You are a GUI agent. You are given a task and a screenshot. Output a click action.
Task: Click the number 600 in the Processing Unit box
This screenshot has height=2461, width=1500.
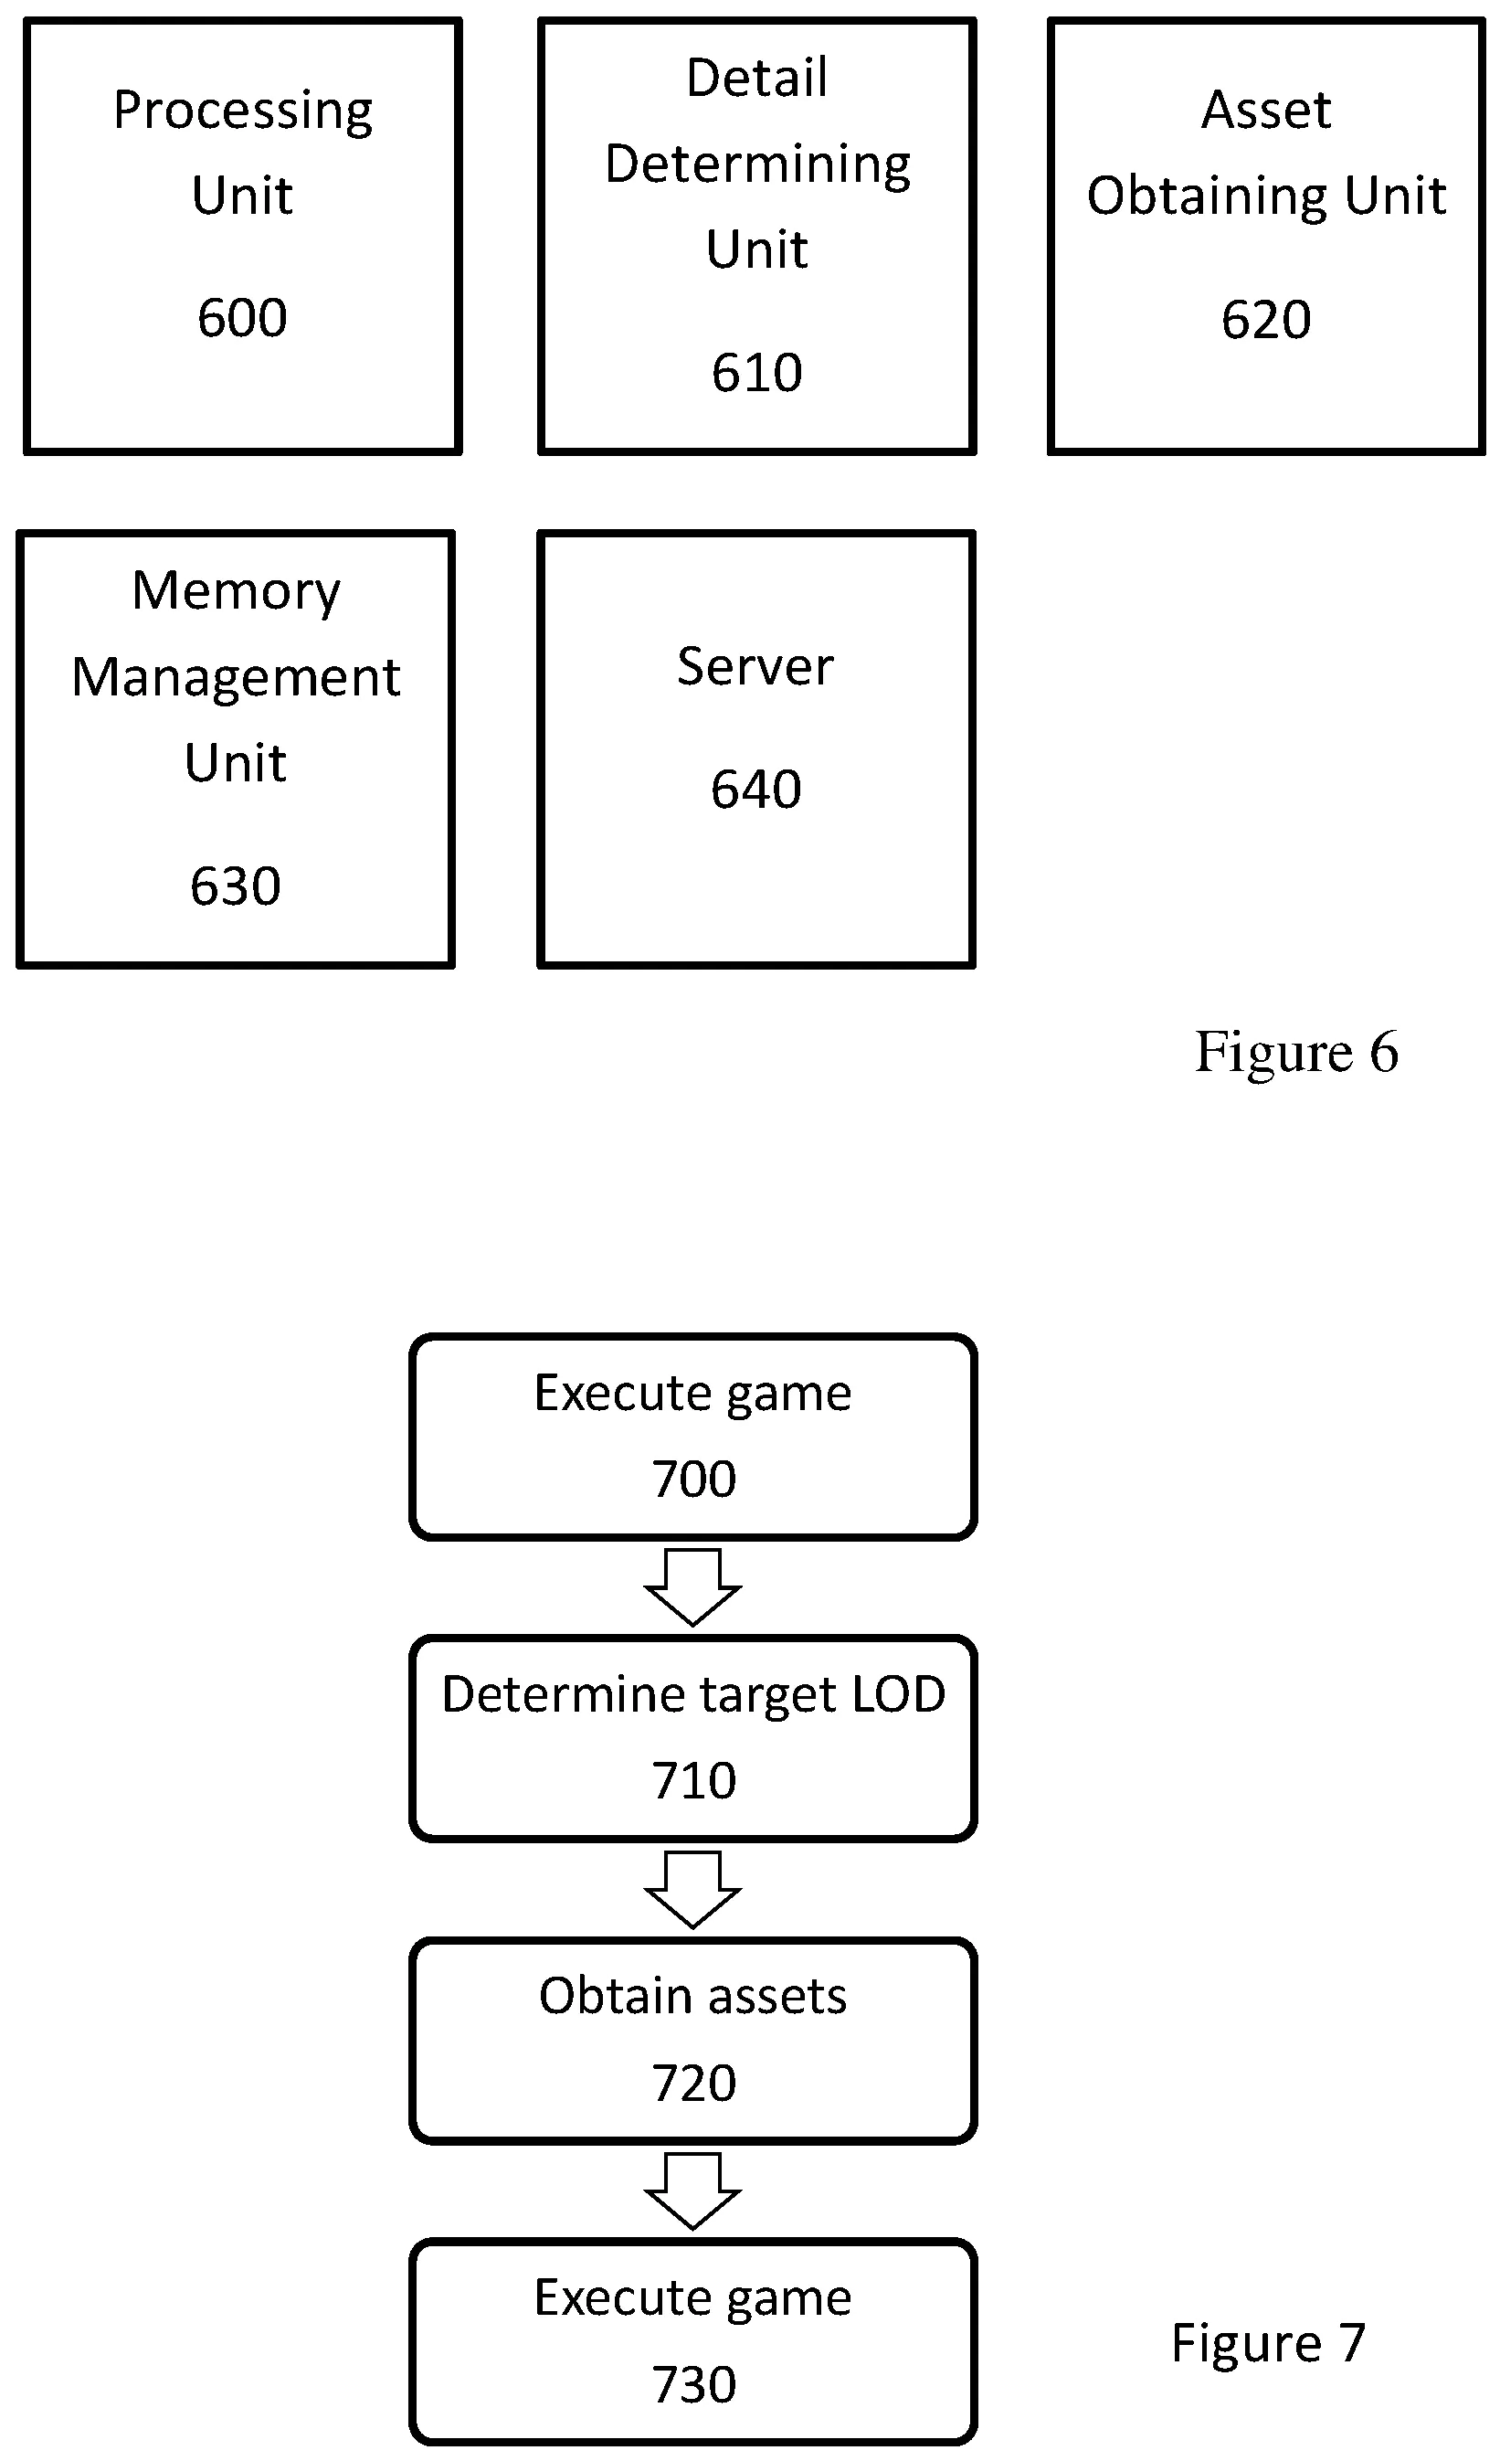click(x=242, y=319)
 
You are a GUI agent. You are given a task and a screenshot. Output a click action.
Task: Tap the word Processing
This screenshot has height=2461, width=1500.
click(x=243, y=111)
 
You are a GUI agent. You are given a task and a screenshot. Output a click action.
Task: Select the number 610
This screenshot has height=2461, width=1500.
click(x=756, y=373)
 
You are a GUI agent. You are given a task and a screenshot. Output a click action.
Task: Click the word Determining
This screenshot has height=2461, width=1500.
click(x=757, y=164)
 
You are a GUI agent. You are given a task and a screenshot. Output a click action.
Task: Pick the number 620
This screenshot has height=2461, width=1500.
click(x=1265, y=320)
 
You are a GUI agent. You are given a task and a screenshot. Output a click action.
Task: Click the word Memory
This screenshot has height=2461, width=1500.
click(x=236, y=591)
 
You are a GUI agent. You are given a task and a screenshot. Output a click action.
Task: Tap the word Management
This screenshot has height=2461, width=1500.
click(x=236, y=677)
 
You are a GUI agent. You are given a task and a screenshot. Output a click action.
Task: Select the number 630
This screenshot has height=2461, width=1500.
click(x=235, y=886)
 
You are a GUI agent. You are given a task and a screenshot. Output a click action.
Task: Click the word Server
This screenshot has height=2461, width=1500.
click(x=755, y=666)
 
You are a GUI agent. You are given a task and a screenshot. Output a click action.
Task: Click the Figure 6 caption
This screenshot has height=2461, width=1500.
click(x=1295, y=1053)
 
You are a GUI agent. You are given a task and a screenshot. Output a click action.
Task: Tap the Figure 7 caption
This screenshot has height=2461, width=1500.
click(x=1266, y=2342)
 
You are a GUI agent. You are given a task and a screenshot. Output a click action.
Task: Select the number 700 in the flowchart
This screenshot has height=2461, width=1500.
click(x=693, y=1480)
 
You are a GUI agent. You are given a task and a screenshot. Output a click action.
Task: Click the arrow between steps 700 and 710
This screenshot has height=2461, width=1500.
click(x=692, y=1587)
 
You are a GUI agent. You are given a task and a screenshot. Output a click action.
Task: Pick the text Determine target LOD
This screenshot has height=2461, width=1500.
click(x=693, y=1695)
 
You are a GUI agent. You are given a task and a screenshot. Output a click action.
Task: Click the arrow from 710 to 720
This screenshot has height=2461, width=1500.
click(x=692, y=1889)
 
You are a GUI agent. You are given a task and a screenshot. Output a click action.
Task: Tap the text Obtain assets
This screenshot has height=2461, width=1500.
click(x=693, y=1997)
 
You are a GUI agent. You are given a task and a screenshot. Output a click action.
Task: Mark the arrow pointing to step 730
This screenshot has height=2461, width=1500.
click(x=692, y=2191)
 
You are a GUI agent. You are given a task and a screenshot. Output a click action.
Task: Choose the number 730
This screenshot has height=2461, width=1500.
click(x=693, y=2385)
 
